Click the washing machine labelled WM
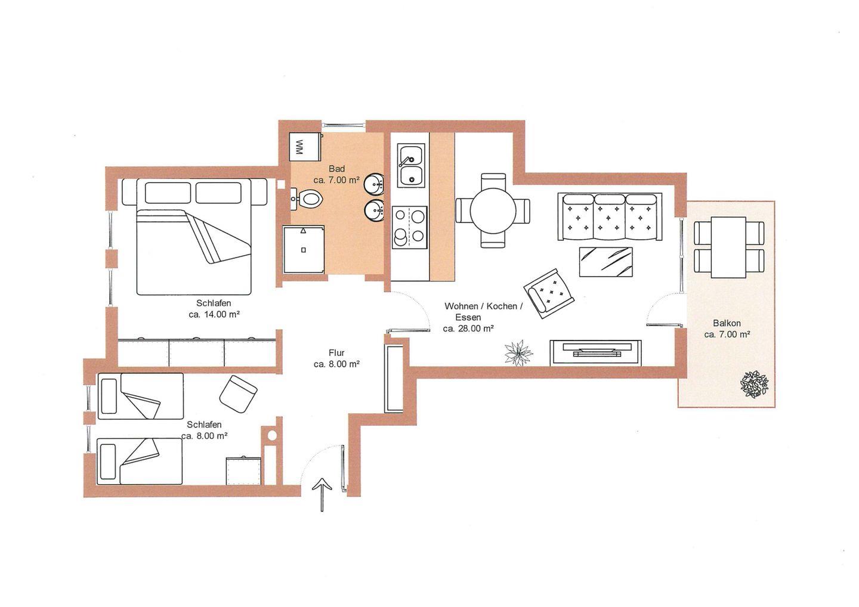(305, 147)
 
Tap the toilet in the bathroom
(309, 199)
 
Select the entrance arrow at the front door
(322, 495)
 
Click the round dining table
(493, 210)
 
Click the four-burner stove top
(410, 227)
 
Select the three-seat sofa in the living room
(610, 216)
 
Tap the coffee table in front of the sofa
(605, 262)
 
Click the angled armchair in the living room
(549, 293)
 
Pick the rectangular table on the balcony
(728, 247)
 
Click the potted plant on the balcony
(754, 385)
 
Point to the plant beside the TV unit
(518, 352)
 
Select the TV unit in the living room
(595, 352)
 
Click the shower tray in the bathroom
(304, 249)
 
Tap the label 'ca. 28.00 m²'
(468, 329)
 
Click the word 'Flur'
(336, 352)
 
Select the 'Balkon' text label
(727, 323)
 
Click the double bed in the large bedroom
(194, 237)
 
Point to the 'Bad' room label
(336, 169)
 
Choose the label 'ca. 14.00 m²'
(214, 315)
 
